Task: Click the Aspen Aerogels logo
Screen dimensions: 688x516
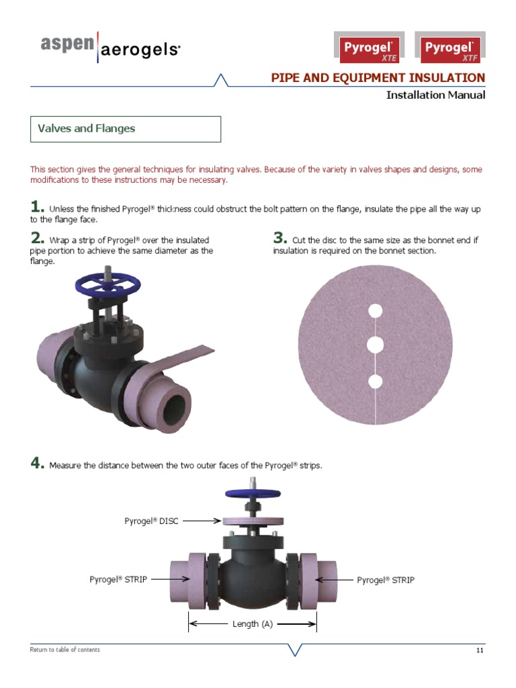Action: coord(110,47)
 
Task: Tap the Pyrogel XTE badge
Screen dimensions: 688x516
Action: coord(369,49)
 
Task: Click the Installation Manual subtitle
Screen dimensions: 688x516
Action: coord(435,95)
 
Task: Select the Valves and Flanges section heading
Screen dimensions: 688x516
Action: coord(86,128)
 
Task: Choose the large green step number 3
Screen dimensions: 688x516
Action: coord(279,238)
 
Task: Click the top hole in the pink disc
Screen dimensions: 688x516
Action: coord(376,310)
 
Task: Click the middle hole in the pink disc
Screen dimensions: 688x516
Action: coord(376,345)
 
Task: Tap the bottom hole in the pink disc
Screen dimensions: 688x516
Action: coord(376,382)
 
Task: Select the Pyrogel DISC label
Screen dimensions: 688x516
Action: coord(151,521)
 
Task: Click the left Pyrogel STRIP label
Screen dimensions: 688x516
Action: coord(118,579)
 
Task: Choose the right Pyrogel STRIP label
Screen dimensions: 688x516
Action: coord(386,579)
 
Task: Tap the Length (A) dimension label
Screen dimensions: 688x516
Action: coord(253,624)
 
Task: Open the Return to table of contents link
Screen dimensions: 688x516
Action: coord(65,650)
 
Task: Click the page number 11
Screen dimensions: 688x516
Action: coord(480,650)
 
